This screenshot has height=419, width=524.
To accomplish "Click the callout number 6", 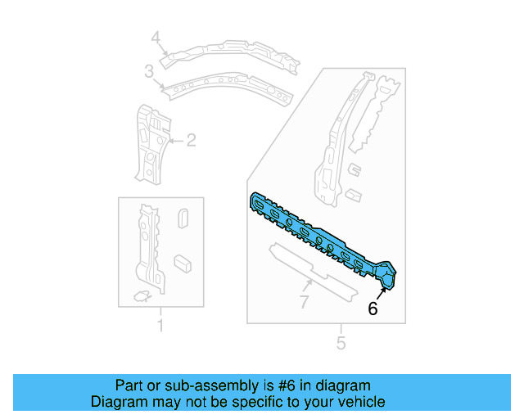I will [x=373, y=309].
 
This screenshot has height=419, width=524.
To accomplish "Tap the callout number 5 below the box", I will [x=341, y=344].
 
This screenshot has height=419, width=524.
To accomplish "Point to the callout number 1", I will [x=160, y=327].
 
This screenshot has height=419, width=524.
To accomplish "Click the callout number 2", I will [x=191, y=141].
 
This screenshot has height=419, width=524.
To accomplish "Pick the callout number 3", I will [x=149, y=73].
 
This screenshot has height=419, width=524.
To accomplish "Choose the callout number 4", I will [x=156, y=38].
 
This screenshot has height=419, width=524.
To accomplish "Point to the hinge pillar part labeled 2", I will [x=151, y=143].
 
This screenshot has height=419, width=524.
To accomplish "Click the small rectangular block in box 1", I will [x=183, y=262].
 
